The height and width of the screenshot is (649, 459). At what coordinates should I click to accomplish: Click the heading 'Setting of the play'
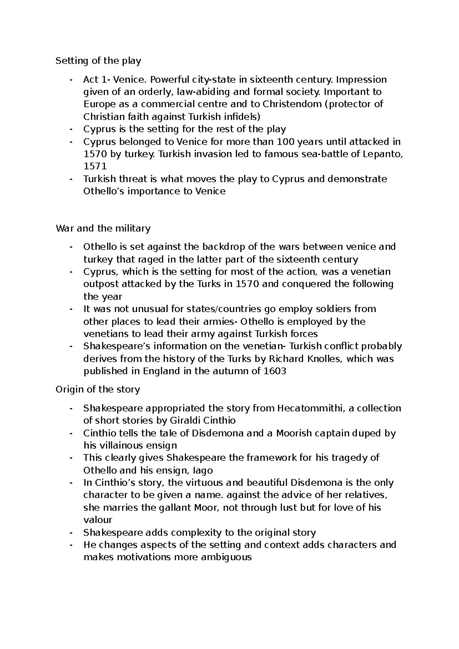[x=98, y=61]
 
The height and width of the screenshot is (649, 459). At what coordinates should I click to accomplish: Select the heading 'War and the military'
[x=103, y=228]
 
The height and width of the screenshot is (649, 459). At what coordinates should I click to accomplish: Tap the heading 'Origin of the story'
[x=98, y=390]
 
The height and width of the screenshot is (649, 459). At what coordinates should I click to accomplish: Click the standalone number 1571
[x=95, y=166]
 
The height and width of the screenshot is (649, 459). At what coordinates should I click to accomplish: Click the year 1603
[x=275, y=371]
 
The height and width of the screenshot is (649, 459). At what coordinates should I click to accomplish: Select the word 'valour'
[x=98, y=520]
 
